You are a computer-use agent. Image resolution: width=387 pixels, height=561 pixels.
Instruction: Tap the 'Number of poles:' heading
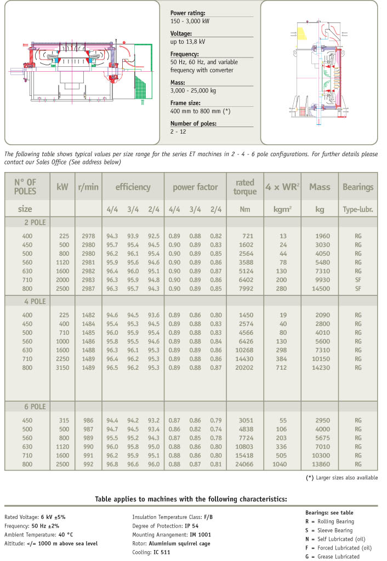tap(193, 123)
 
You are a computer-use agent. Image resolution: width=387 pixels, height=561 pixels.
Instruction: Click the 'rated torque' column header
tap(245, 187)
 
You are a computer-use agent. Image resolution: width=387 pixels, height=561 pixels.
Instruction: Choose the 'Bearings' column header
tap(358, 187)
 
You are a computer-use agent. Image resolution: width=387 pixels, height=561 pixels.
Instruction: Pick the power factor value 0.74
tap(215, 430)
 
